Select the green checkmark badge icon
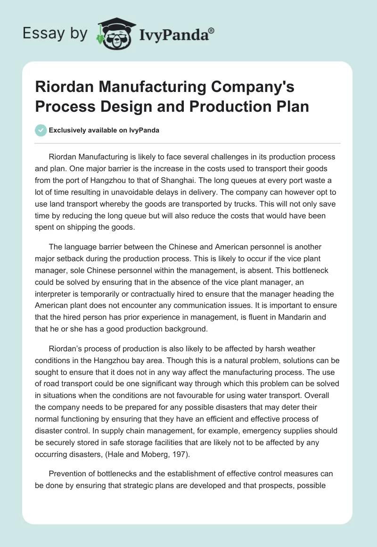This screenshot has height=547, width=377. click(41, 130)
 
